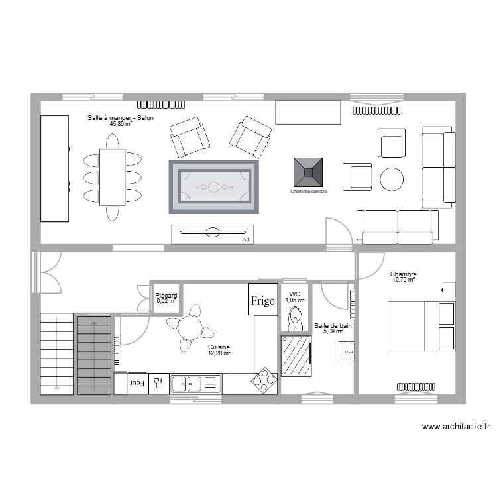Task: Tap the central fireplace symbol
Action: click(309, 172)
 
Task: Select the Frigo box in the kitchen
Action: click(262, 300)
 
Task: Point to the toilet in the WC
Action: click(296, 318)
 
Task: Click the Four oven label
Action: click(137, 383)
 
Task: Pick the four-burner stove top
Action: click(264, 380)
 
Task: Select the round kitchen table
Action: click(190, 327)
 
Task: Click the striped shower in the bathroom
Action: click(296, 356)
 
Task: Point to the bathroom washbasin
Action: click(347, 351)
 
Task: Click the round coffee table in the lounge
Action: click(392, 178)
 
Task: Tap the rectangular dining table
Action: click(113, 177)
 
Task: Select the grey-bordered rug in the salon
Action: click(213, 187)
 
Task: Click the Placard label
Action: click(166, 296)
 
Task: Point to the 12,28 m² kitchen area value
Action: click(219, 353)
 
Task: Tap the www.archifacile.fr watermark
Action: click(455, 427)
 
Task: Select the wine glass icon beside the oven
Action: click(158, 383)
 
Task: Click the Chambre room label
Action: click(403, 274)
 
